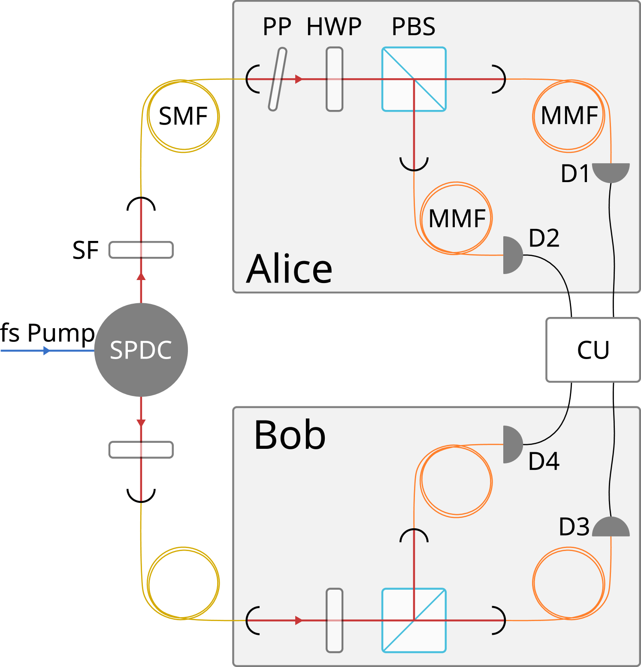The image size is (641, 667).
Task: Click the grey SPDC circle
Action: pos(141,350)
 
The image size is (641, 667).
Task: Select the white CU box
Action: pos(593,350)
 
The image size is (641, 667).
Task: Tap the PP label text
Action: pos(277,27)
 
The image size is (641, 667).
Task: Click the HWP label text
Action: pos(334,27)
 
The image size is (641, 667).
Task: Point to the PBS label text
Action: pos(413,27)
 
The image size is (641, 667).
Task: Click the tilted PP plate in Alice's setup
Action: pos(278,79)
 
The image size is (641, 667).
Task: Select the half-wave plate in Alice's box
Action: pos(335,79)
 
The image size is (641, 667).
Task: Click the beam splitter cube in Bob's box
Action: pos(414,620)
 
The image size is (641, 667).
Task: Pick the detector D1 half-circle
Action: pos(611,171)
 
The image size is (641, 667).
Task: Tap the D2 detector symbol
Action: pos(512,255)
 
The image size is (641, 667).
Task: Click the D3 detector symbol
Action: pos(611,528)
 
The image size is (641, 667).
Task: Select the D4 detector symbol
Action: pos(512,445)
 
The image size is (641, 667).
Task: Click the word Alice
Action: pos(289,269)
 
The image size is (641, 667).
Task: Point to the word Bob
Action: pos(290,435)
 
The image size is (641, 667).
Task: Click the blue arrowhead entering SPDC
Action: pos(46,351)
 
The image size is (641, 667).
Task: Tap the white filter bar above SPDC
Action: pos(141,250)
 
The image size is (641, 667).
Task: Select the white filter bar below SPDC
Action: pos(141,450)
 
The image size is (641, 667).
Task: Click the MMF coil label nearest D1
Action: pos(569,116)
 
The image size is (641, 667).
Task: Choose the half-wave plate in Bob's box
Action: pos(335,620)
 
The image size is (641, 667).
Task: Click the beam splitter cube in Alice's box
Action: pos(414,79)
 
